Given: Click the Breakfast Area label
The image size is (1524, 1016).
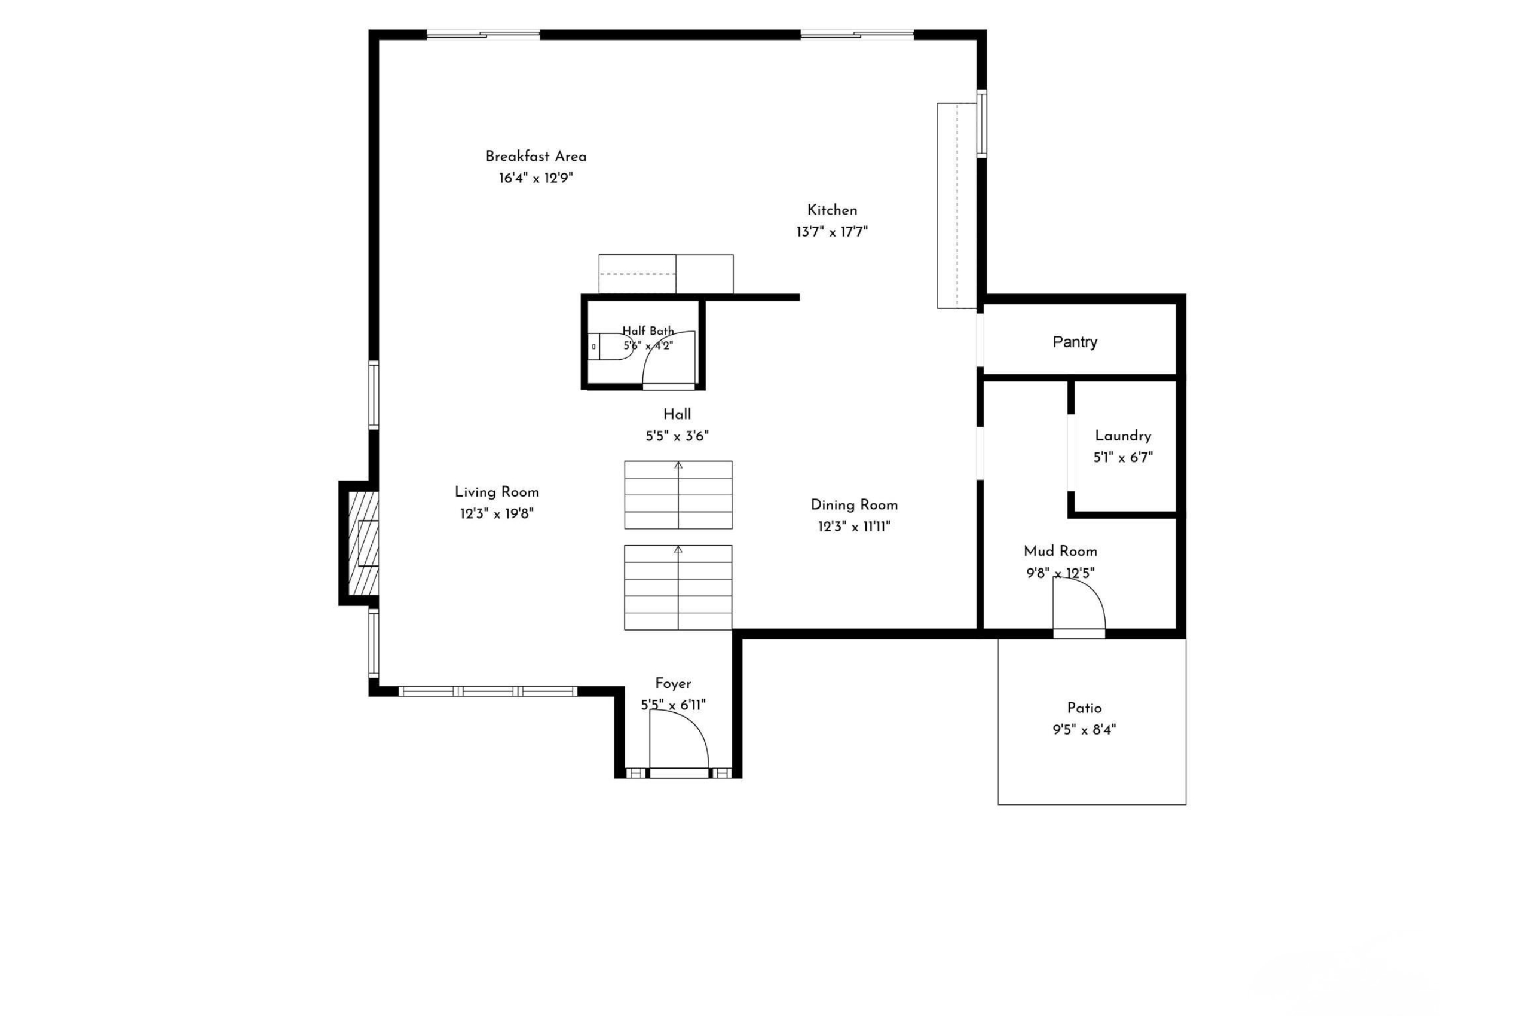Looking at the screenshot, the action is [x=536, y=156].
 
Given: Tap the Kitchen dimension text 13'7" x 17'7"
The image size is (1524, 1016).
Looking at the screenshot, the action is [x=832, y=232].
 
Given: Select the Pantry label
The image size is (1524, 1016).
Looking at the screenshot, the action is [x=1075, y=342].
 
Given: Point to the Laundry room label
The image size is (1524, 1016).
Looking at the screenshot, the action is [x=1123, y=436].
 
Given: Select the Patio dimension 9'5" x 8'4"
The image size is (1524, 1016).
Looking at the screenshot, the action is [x=1084, y=730].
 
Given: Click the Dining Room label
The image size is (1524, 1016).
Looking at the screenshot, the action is [x=854, y=505].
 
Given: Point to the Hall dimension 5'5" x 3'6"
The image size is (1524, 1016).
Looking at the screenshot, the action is [x=677, y=437].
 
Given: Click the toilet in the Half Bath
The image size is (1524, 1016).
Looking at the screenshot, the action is [x=609, y=347].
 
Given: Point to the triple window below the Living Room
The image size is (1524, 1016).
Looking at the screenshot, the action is [x=488, y=691].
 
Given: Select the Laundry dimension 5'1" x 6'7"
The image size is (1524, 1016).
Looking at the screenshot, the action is [x=1123, y=457].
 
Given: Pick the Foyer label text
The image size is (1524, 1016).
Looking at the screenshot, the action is [x=673, y=684].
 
